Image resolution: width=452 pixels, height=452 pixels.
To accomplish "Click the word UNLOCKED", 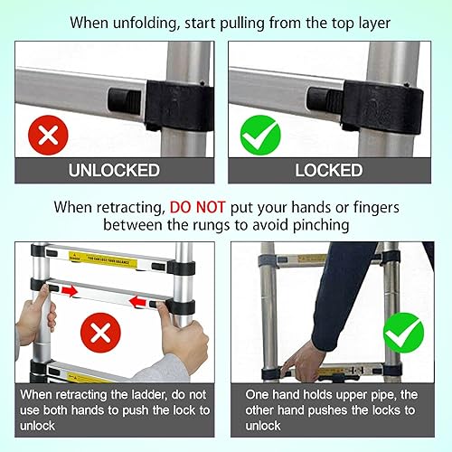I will point(114,170).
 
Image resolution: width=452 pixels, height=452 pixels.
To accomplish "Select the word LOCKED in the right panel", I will point(329,170).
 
